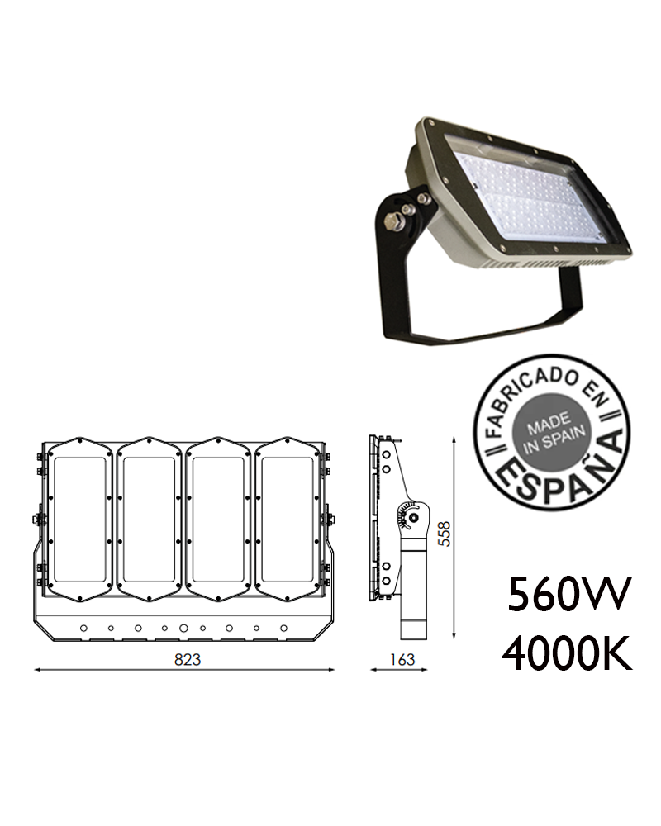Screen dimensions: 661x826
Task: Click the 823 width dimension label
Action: [x=188, y=659]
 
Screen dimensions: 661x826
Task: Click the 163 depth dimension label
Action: [x=402, y=659]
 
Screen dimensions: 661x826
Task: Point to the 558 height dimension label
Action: [x=445, y=534]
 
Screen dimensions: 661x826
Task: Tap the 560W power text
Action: [x=569, y=594]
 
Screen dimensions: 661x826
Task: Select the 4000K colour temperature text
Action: [x=567, y=653]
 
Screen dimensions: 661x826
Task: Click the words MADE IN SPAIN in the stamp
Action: [x=553, y=433]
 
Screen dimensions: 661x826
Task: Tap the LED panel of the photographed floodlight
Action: [x=525, y=198]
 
